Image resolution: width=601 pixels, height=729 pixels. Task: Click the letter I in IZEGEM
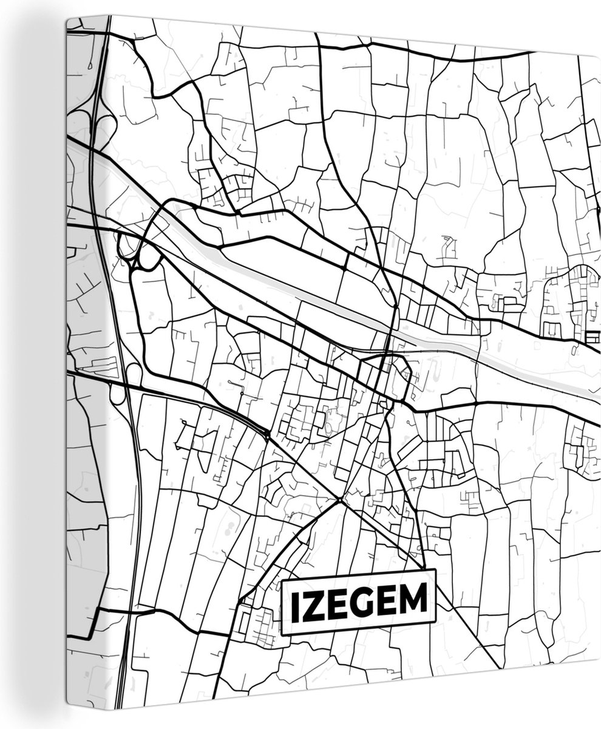click(294, 603)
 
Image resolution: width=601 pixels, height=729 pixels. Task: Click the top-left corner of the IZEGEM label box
click(282, 581)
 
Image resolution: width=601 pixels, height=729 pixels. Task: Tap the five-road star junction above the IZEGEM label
click(339, 501)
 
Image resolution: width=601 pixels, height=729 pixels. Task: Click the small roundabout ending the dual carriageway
click(268, 433)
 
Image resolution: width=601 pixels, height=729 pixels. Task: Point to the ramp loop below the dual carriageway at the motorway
click(117, 394)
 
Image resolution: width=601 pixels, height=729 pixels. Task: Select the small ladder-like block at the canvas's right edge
click(593, 336)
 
